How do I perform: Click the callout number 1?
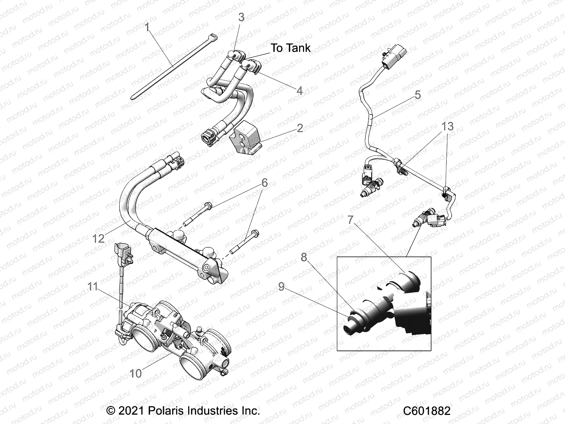[x=148, y=27]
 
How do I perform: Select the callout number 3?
[x=241, y=17]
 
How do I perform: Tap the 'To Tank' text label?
[x=291, y=48]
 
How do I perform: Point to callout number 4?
[x=299, y=91]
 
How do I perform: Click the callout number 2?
[x=300, y=128]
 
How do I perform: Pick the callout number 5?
[x=418, y=95]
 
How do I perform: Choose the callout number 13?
[x=447, y=126]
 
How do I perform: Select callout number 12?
[x=99, y=238]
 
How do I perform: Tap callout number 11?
[x=93, y=286]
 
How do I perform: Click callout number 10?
[x=136, y=373]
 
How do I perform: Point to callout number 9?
[x=281, y=287]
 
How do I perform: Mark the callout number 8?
[x=304, y=257]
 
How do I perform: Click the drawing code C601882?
[x=427, y=411]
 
